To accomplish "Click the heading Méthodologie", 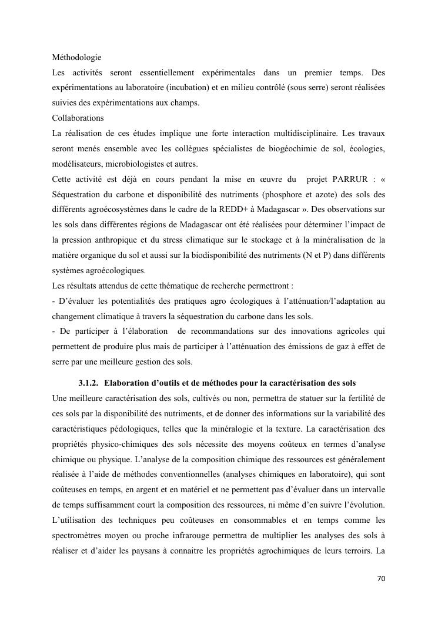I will (76, 58).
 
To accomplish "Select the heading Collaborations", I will (78, 118).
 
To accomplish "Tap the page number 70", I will (381, 579).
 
